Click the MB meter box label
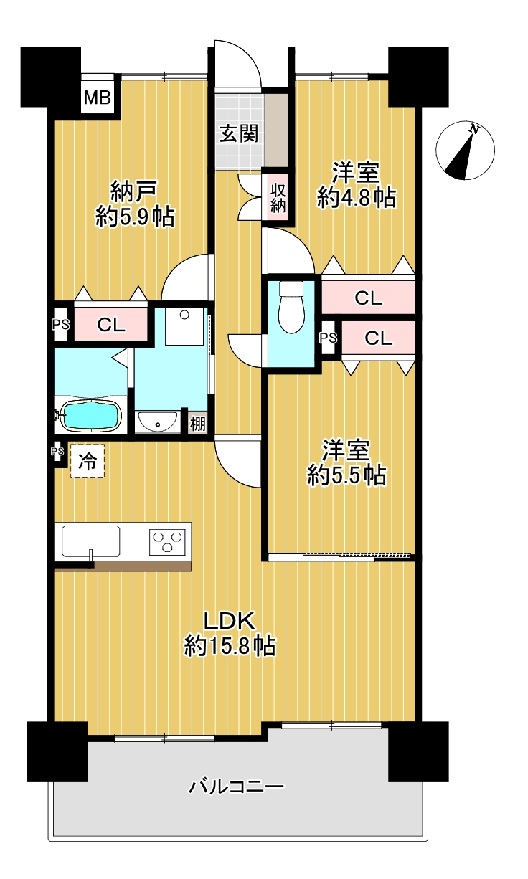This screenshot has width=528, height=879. (98, 98)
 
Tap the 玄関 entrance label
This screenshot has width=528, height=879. (239, 134)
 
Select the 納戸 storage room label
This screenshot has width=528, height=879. (134, 191)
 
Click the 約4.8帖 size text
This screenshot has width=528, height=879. (356, 198)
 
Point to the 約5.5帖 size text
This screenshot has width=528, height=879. (346, 476)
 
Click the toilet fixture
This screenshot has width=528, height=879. (291, 306)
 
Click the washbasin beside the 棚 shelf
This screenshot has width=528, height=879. (157, 421)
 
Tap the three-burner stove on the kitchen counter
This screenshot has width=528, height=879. (168, 542)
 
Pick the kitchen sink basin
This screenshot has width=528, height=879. (90, 541)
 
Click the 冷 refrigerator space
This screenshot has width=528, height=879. (87, 461)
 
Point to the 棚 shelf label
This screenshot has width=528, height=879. (197, 424)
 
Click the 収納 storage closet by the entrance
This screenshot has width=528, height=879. (278, 198)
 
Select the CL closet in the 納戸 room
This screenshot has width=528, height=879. (111, 325)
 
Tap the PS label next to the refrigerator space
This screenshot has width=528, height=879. (57, 451)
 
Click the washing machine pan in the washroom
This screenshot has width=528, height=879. (184, 326)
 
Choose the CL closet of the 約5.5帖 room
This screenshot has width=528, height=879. (378, 338)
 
